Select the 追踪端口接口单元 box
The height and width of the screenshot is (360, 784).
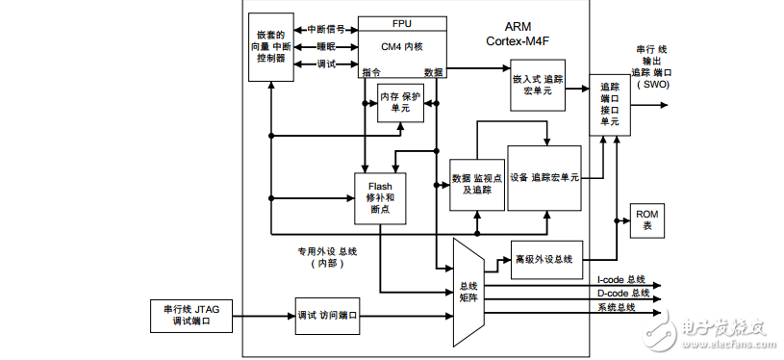(x=609, y=105)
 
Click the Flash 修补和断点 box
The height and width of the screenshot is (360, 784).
(x=380, y=196)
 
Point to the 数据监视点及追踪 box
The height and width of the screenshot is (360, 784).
(x=477, y=183)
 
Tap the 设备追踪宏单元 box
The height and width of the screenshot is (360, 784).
(x=544, y=178)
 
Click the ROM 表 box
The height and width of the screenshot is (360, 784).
(x=647, y=220)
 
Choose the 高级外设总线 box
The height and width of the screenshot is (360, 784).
(x=546, y=258)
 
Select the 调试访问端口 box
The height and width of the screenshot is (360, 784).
(x=326, y=316)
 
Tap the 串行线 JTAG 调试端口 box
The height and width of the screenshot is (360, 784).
(x=192, y=316)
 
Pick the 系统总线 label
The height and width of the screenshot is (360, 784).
(x=617, y=307)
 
